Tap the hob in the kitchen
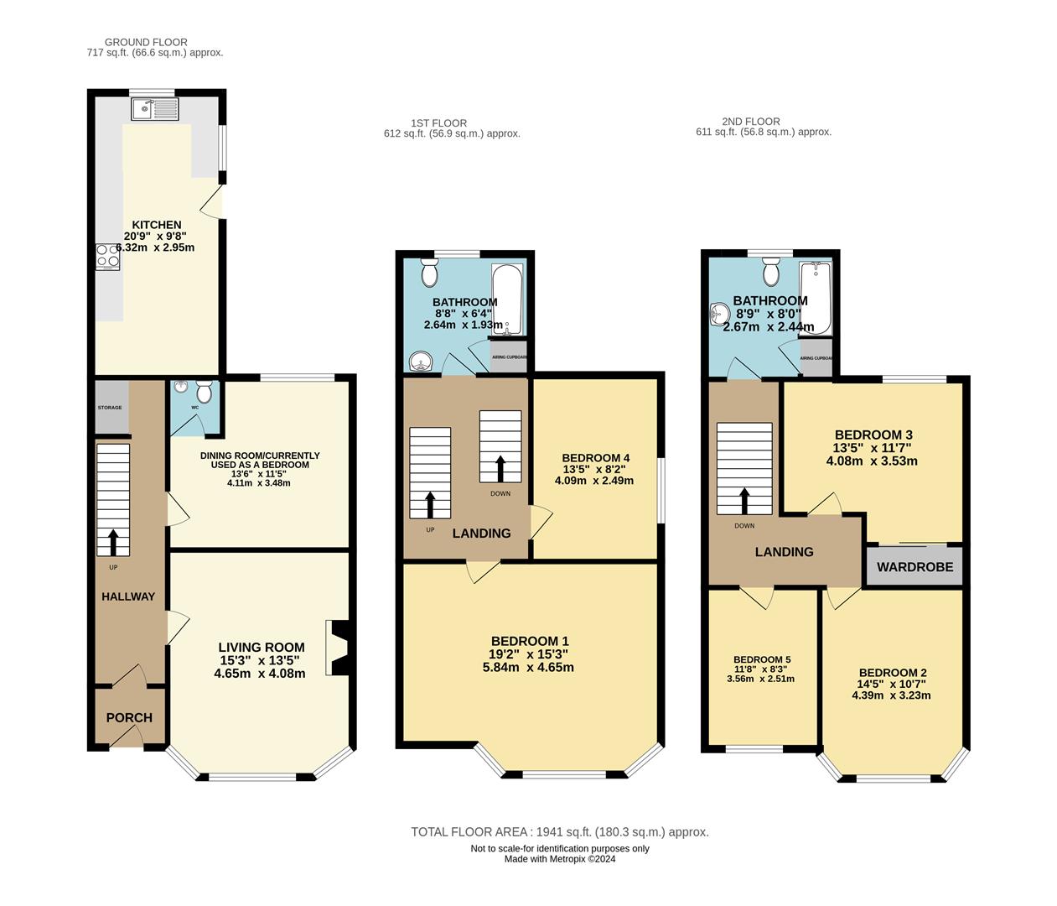point(108,255)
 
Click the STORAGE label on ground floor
point(110,408)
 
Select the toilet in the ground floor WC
point(203,391)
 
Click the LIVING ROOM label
point(261,648)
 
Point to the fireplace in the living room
point(339,648)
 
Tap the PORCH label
point(129,718)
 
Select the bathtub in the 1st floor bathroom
point(507,299)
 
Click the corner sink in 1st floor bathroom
point(420,361)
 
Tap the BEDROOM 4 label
point(595,458)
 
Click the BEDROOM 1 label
point(530,642)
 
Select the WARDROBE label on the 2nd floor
point(915,567)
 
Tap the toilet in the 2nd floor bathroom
point(771,271)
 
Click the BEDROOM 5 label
point(761,660)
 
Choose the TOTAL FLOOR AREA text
point(559,832)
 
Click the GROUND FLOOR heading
point(146,42)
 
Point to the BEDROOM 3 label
point(873,435)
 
